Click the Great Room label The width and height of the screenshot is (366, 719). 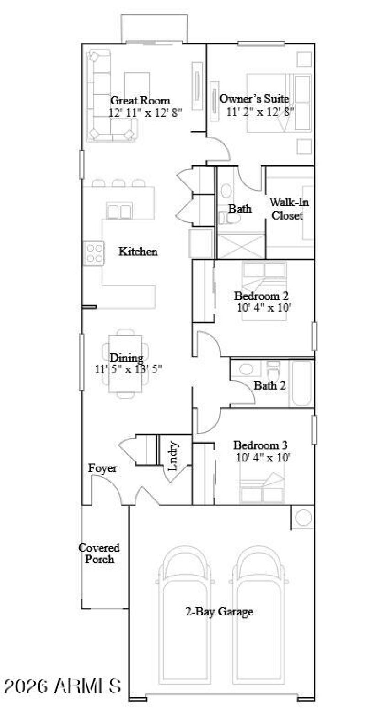pyautogui.click(x=140, y=100)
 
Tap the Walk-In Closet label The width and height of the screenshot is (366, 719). pyautogui.click(x=289, y=209)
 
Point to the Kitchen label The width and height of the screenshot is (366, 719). pyautogui.click(x=138, y=252)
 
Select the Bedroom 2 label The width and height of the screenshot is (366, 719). pyautogui.click(x=261, y=296)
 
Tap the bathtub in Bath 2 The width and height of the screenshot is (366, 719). pyautogui.click(x=301, y=383)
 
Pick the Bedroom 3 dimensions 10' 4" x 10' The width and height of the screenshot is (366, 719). pyautogui.click(x=263, y=457)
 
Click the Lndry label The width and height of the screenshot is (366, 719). pyautogui.click(x=173, y=456)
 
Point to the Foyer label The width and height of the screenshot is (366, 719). pyautogui.click(x=102, y=468)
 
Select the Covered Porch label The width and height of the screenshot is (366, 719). pyautogui.click(x=99, y=553)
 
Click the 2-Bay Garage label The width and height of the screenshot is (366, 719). pyautogui.click(x=219, y=611)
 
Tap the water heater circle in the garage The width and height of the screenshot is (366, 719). pyautogui.click(x=302, y=517)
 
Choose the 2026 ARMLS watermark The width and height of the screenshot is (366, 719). pyautogui.click(x=63, y=686)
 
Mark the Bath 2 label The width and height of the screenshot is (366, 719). pyautogui.click(x=270, y=385)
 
